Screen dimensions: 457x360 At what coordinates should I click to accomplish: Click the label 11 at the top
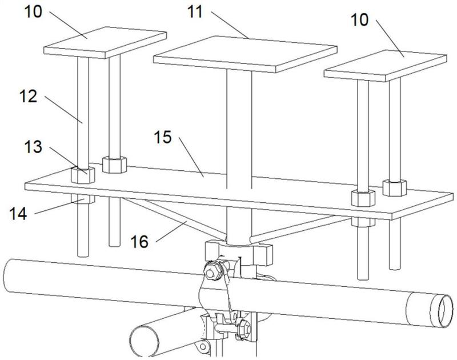(195, 12)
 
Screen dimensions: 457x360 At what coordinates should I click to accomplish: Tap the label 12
(28, 96)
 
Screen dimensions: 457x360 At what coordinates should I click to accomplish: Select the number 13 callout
(33, 146)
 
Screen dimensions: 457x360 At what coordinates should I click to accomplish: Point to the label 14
(18, 213)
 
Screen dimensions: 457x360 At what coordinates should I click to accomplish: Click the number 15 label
(163, 137)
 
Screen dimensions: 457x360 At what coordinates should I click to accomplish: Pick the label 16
(139, 242)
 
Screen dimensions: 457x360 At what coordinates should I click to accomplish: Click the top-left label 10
(33, 12)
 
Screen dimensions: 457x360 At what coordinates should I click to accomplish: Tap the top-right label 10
(359, 20)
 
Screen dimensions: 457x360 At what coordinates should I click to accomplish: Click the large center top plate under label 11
(245, 54)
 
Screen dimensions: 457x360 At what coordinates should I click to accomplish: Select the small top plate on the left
(105, 42)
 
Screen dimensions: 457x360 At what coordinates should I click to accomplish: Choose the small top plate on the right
(385, 66)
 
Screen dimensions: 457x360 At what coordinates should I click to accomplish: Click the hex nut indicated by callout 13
(83, 175)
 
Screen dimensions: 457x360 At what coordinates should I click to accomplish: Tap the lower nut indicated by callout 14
(83, 199)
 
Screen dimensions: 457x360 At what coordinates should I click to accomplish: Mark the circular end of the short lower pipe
(145, 341)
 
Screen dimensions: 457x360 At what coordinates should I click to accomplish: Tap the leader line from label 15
(191, 157)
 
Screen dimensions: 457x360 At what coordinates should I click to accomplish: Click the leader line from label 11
(230, 25)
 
